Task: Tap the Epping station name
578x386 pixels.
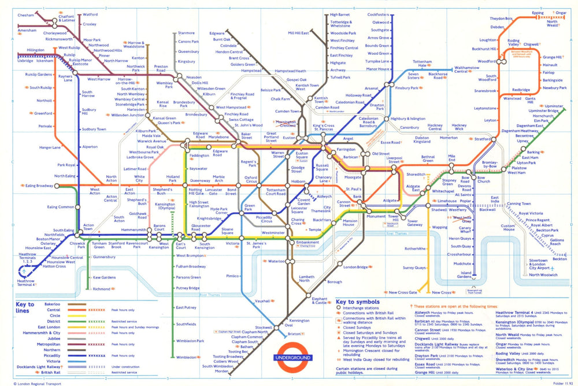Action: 538,12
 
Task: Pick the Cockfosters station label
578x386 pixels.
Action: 378,14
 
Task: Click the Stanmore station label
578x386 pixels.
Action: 186,33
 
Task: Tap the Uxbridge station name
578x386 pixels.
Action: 25,60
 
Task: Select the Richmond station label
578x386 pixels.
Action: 101,288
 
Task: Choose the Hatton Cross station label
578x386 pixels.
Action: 55,266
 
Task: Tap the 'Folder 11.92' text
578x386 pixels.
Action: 555,382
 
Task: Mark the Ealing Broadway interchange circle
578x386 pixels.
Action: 57,186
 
